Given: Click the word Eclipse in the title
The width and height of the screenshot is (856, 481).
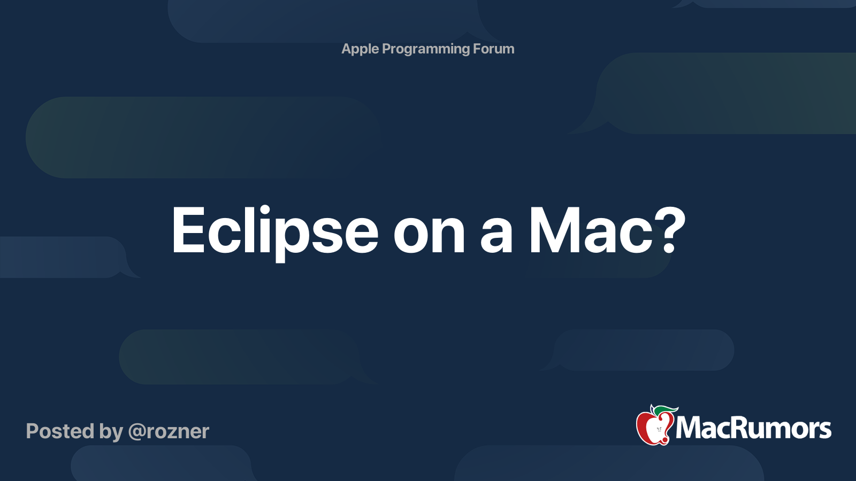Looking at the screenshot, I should pyautogui.click(x=274, y=231).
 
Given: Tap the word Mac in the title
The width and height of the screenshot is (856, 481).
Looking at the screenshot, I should pyautogui.click(x=591, y=231).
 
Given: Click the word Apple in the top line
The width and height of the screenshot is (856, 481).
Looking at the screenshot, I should pyautogui.click(x=360, y=49).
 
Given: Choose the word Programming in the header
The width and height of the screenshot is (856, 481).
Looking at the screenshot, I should pyautogui.click(x=426, y=49).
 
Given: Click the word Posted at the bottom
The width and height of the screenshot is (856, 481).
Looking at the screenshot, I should pyautogui.click(x=60, y=431).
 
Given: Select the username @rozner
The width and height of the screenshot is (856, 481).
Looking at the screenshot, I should pyautogui.click(x=169, y=432).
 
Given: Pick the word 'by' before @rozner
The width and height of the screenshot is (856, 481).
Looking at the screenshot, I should pyautogui.click(x=111, y=432).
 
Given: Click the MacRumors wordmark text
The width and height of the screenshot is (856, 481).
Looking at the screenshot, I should pyautogui.click(x=753, y=428).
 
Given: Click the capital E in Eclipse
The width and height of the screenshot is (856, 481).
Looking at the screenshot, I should pyautogui.click(x=188, y=230).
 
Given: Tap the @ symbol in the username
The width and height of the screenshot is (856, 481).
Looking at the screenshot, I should pyautogui.click(x=136, y=432).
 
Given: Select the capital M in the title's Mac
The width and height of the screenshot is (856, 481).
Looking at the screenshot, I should pyautogui.click(x=553, y=230).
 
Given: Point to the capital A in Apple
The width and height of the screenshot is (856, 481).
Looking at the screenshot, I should pyautogui.click(x=347, y=49).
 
